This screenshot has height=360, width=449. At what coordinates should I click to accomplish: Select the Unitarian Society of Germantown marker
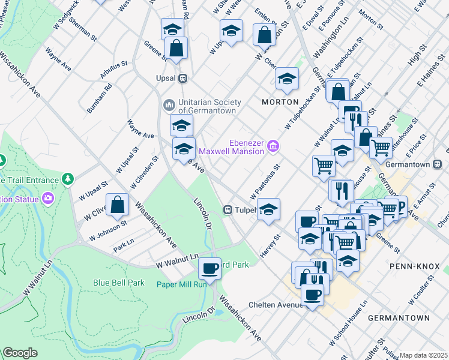pos(169,105)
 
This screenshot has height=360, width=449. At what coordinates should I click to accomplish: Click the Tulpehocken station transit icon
pos(228,210)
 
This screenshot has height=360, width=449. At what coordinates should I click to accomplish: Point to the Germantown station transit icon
pos(438,164)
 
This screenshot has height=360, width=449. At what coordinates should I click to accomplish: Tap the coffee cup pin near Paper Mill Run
pos(209,268)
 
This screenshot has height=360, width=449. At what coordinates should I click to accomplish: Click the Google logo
pos(20,353)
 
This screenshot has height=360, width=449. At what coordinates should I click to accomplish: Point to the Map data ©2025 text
pos(424,355)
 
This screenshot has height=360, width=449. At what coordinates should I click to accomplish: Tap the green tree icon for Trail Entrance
pos(68,178)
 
